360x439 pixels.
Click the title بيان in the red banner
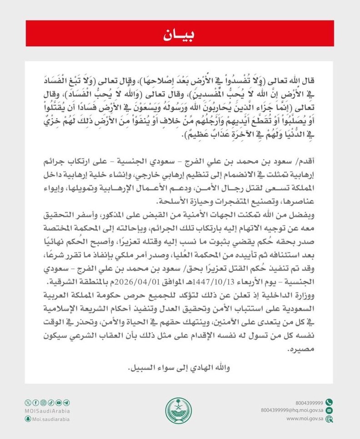[x=180, y=35]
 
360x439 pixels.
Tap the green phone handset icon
[x=329, y=402]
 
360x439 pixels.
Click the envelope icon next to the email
[x=329, y=410]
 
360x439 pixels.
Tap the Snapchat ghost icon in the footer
[x=28, y=419]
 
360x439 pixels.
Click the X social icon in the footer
[x=28, y=403]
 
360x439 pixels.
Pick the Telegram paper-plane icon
[x=67, y=403]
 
